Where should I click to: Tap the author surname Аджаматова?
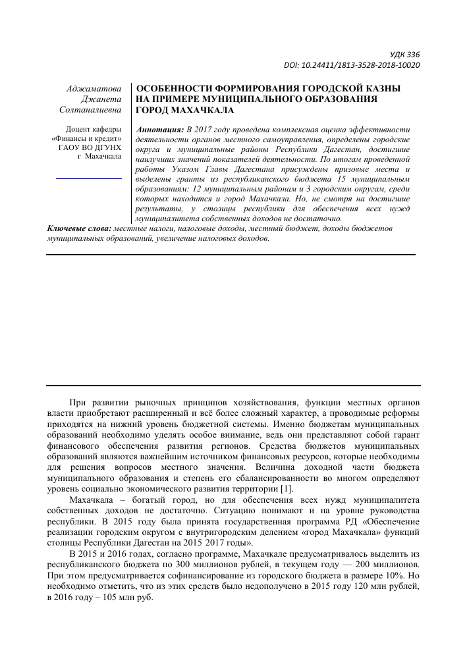pyautogui.click(x=95, y=88)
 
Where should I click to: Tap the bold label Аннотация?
pyautogui.click(x=159, y=130)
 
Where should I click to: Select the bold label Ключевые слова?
pyautogui.click(x=79, y=228)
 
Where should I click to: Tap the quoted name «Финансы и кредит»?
pyautogui.click(x=86, y=139)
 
